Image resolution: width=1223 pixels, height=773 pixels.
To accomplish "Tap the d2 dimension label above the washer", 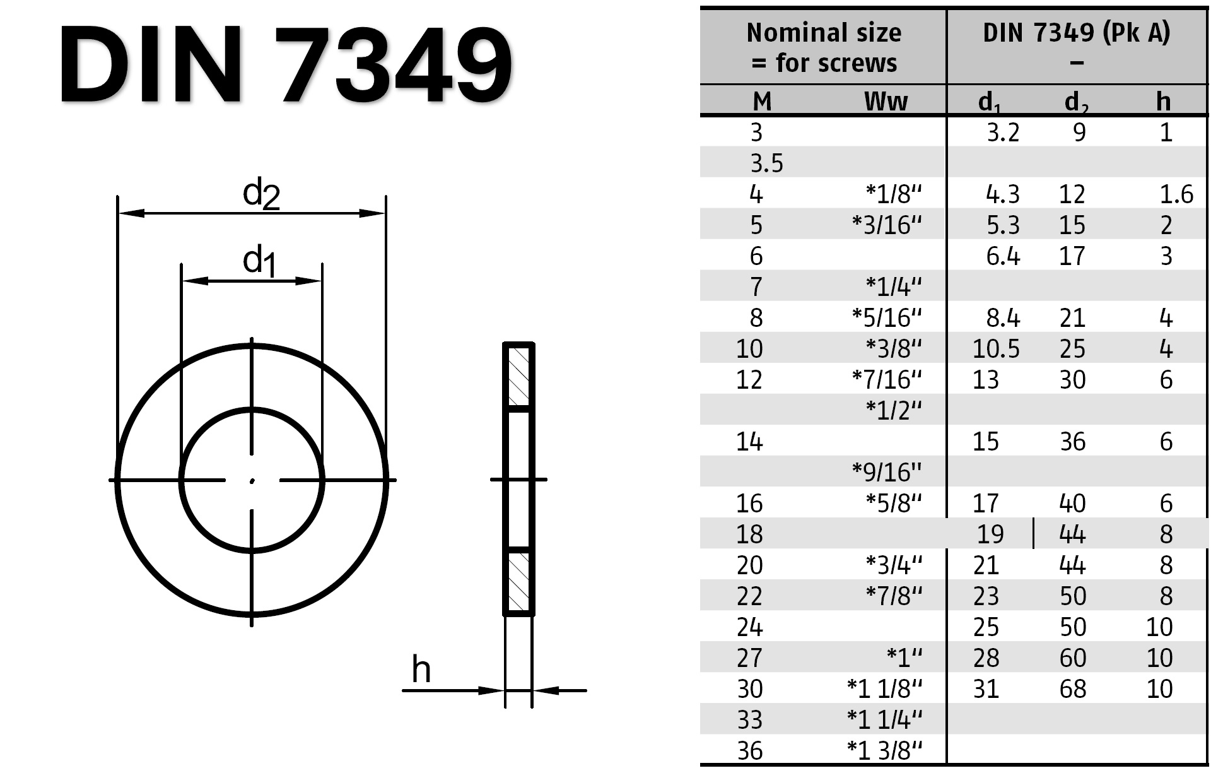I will (260, 193).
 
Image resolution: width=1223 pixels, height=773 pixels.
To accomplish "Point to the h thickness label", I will (421, 670).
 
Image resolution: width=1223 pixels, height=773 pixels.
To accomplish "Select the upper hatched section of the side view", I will (518, 377).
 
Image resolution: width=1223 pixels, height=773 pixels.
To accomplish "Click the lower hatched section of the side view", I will (518, 581).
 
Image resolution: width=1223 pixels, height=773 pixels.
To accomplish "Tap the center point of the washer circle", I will (252, 481).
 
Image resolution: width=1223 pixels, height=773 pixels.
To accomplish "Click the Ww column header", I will (886, 101).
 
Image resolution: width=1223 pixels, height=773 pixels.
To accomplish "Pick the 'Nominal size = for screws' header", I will (824, 47).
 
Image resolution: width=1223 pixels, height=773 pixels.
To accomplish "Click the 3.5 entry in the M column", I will (766, 163).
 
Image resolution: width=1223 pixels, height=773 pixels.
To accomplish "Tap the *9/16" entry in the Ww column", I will (886, 471).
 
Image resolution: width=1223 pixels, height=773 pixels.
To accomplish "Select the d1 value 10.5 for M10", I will (995, 348).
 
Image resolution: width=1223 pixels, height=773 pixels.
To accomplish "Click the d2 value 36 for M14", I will (1072, 441).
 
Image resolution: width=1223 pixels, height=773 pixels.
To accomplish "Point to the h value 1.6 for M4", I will (1176, 194).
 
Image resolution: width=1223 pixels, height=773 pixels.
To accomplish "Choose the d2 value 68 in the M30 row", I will (1072, 688).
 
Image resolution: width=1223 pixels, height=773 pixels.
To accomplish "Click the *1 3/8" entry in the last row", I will (884, 750).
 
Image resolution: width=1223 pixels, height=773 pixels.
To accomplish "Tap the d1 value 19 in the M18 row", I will (990, 534).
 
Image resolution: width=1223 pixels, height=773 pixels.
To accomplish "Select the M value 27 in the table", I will (749, 658).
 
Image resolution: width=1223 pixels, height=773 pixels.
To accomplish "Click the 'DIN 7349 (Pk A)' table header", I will (1076, 33).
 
